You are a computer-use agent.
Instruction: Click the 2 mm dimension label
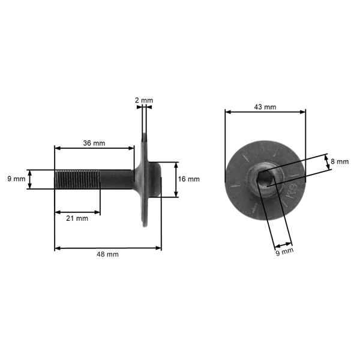coord(144,100)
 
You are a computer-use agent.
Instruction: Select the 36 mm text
coord(94,143)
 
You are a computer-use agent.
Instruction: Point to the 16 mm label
coord(190,179)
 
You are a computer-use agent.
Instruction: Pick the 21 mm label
coord(77,218)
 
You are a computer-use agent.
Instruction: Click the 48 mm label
coord(107,254)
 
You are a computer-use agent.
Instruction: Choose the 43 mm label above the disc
coord(265,107)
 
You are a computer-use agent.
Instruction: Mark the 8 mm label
coord(340,161)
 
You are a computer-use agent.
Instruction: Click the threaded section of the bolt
coord(77,179)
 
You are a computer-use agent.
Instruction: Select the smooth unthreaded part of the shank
coord(117,179)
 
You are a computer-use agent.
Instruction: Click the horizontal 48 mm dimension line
coord(108,247)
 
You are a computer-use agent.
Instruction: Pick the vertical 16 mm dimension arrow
coord(176,179)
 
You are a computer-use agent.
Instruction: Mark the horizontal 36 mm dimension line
coord(94,148)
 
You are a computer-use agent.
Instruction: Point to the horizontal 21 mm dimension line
coord(77,211)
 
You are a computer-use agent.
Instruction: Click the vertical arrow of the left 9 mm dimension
coord(29,179)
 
